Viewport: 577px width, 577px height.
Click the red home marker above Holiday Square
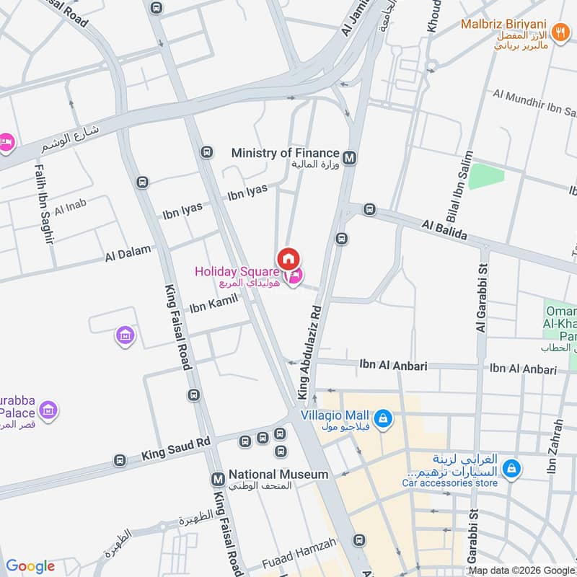click(288, 258)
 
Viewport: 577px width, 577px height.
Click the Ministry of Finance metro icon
click(350, 157)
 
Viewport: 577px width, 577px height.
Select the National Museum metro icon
click(217, 479)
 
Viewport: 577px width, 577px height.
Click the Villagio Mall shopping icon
click(384, 418)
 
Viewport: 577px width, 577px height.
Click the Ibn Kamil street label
click(209, 307)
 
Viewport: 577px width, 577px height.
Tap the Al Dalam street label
click(128, 253)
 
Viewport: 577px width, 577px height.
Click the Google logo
click(30, 566)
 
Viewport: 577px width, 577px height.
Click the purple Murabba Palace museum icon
click(48, 410)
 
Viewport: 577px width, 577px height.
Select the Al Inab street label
click(70, 207)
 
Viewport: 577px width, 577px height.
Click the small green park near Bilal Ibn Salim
click(485, 176)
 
